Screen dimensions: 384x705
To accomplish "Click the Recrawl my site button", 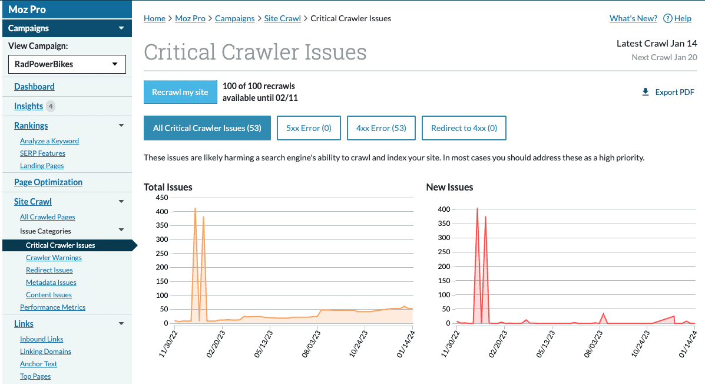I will coord(180,92).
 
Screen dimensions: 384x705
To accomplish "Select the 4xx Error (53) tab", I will coord(381,128).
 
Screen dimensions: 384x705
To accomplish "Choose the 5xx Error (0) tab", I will coord(309,128).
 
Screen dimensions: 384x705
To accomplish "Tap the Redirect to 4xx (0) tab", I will coord(464,128).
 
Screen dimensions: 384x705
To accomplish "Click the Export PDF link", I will coord(668,92).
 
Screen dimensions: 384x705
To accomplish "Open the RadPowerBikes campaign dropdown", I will coord(67,64).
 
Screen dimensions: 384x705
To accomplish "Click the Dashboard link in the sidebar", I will coord(34,87).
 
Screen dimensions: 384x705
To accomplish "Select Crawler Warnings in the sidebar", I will coord(54,258).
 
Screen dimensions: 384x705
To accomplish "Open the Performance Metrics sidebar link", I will coord(52,307).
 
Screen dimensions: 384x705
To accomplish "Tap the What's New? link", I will coord(633,18).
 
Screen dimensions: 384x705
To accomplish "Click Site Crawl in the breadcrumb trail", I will coord(282,18).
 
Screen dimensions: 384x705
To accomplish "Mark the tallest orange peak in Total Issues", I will coord(195,208).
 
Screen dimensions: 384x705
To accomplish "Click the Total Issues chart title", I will coord(168,187).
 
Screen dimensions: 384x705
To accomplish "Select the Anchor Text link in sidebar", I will coord(38,364).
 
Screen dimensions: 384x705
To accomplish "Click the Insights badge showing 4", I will coord(51,106).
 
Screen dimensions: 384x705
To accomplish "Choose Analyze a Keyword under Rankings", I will coord(49,141).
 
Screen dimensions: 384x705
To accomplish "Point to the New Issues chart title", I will coord(449,187).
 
